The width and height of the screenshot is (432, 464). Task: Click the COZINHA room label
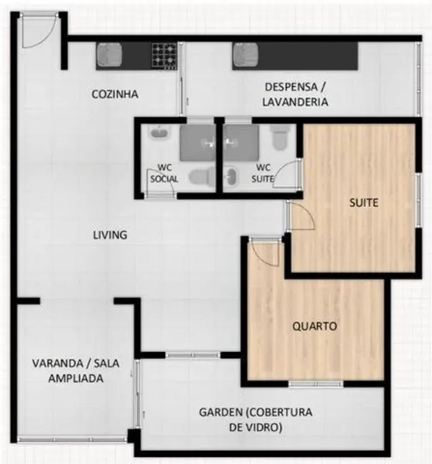click(115, 94)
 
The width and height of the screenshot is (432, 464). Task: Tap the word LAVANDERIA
click(295, 102)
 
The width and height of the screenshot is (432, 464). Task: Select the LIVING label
click(110, 234)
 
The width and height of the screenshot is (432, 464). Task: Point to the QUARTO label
click(315, 326)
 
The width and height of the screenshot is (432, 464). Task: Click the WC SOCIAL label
click(164, 174)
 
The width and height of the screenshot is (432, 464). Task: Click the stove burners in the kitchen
click(164, 54)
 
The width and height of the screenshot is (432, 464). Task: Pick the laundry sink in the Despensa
click(245, 54)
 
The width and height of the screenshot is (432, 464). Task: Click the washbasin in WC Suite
click(231, 176)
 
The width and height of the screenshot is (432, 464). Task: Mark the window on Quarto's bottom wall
click(316, 384)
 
